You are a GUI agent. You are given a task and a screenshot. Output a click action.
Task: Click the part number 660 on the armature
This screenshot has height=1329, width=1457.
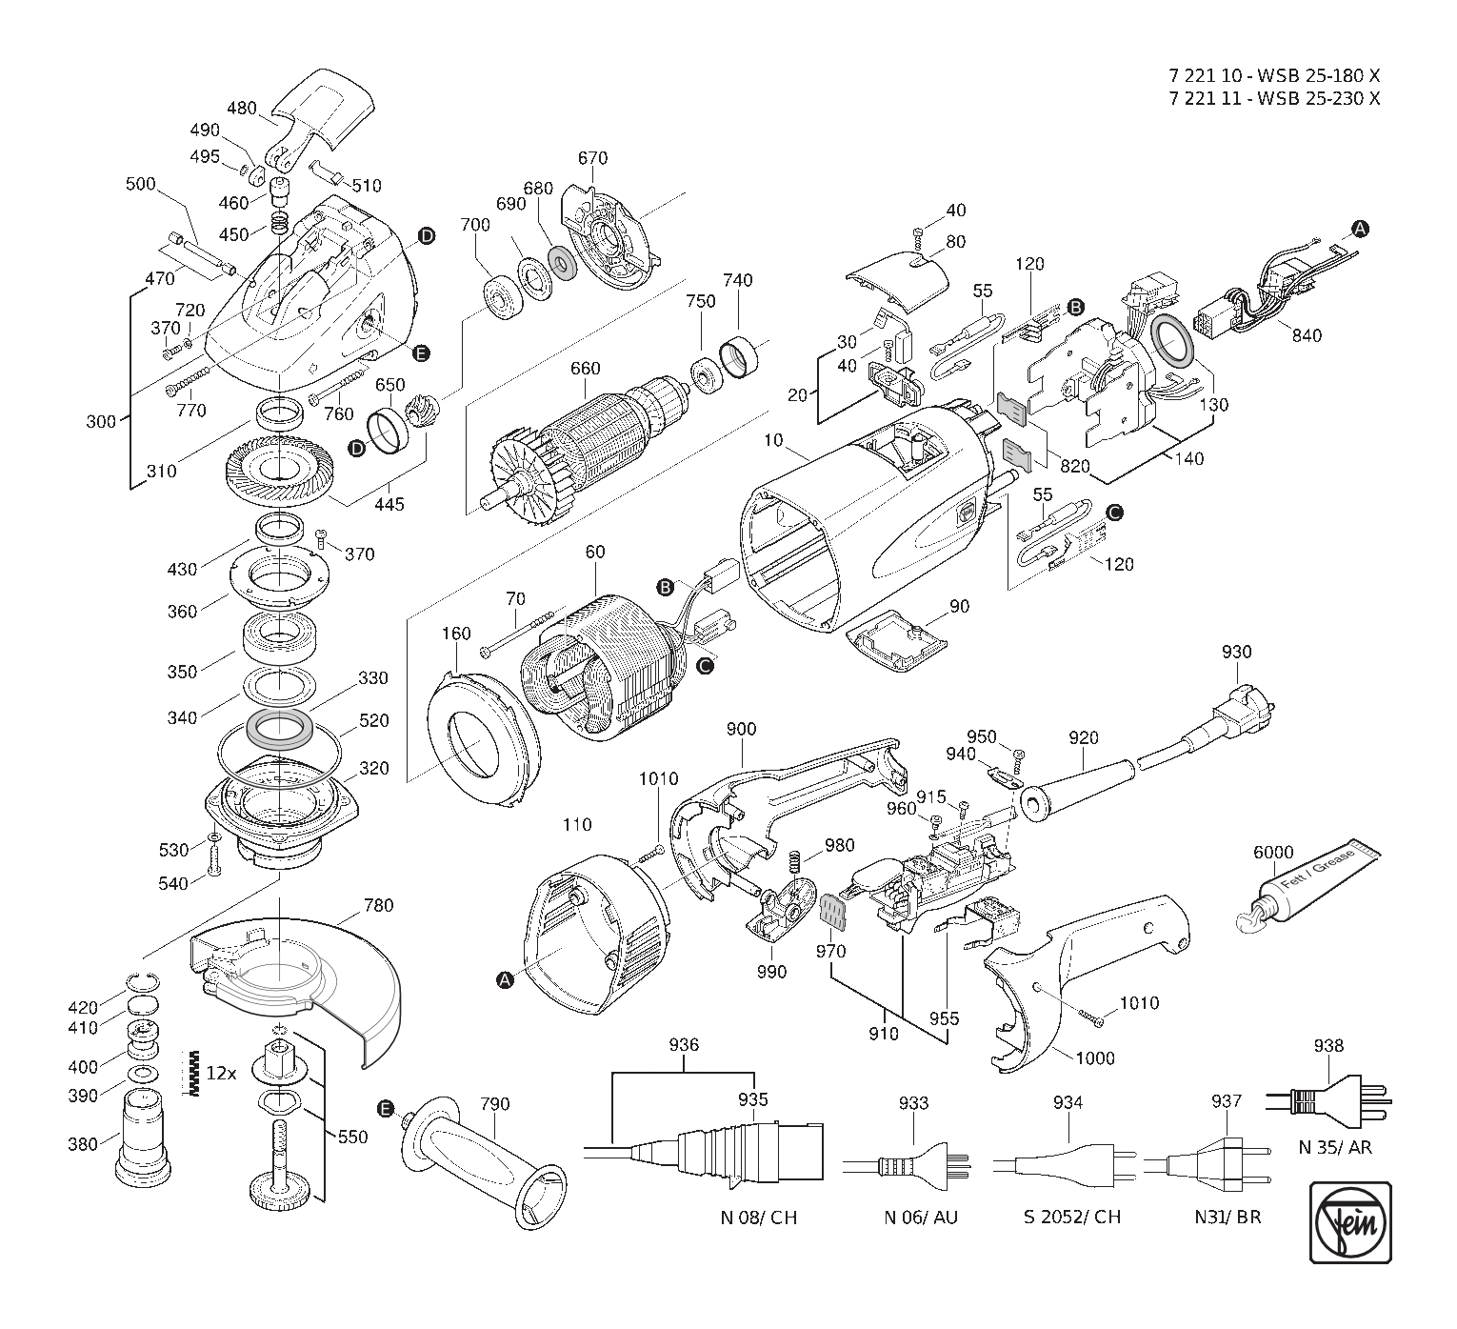[x=586, y=369]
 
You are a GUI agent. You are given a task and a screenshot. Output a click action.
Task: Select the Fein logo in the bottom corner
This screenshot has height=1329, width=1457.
[x=1351, y=1223]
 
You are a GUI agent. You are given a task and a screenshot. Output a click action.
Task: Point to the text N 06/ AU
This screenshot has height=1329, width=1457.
[x=921, y=1218]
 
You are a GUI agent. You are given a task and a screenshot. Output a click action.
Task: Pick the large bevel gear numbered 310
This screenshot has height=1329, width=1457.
[x=279, y=473]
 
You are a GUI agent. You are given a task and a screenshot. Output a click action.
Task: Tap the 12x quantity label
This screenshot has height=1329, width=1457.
[x=221, y=1074]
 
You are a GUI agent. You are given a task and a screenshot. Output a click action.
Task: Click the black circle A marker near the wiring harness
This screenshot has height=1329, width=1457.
[x=1360, y=230]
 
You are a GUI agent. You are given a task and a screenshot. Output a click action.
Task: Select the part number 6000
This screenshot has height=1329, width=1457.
[x=1273, y=853]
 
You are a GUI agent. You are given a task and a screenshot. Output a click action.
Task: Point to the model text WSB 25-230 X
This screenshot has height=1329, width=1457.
[x=1319, y=98]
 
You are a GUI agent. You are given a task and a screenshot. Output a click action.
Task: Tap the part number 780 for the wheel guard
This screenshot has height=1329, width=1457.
[x=378, y=905]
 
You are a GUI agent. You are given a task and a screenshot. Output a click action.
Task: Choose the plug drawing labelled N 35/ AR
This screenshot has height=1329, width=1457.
[x=1328, y=1101]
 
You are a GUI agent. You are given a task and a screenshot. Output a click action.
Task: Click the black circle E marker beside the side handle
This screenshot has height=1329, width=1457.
[x=386, y=1109]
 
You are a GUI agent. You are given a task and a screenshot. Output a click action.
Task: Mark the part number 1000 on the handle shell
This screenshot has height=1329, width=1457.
[x=1094, y=1058]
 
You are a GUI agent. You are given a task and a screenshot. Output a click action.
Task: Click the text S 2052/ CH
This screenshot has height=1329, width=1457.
[x=1072, y=1218]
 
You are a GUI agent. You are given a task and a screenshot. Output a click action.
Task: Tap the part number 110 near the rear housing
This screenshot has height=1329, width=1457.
[x=577, y=825]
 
